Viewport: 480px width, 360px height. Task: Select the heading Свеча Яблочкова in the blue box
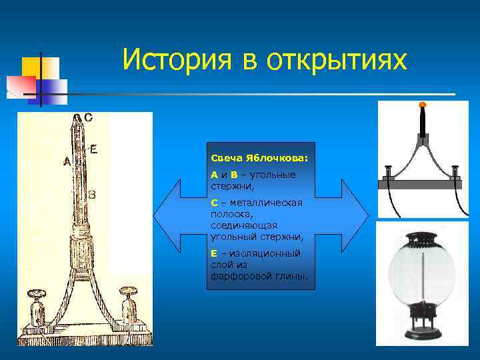tap(259, 159)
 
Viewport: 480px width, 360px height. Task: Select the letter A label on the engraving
tap(67, 161)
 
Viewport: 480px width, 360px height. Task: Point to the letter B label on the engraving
tap(92, 195)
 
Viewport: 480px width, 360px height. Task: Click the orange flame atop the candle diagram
tap(421, 105)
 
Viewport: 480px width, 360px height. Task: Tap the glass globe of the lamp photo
tap(421, 273)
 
